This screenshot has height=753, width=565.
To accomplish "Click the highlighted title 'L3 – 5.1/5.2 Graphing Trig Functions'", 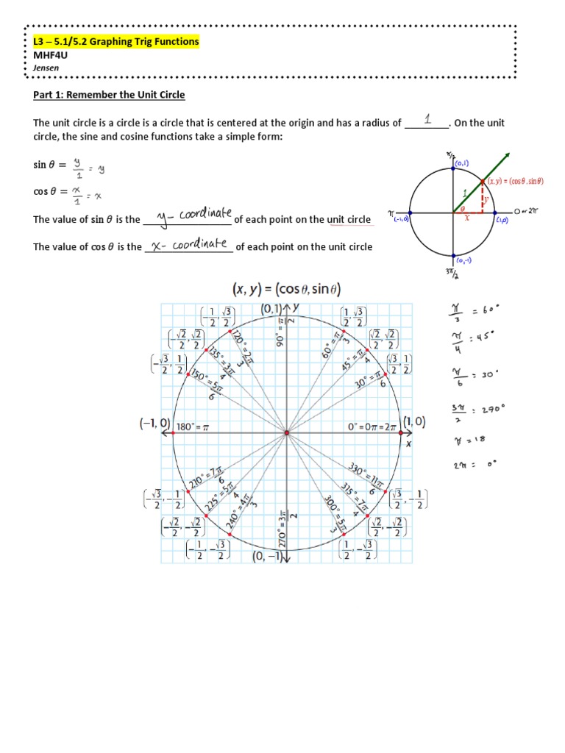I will coord(116,42).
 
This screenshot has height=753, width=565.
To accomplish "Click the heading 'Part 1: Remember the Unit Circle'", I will coord(109,95).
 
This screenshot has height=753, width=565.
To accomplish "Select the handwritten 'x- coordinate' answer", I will coord(189,245).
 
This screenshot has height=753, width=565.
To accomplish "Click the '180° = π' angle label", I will coord(194,426).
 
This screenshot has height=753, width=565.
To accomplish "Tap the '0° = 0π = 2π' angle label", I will coord(372,426).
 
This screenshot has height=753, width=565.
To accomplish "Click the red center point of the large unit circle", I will coord(286,434).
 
